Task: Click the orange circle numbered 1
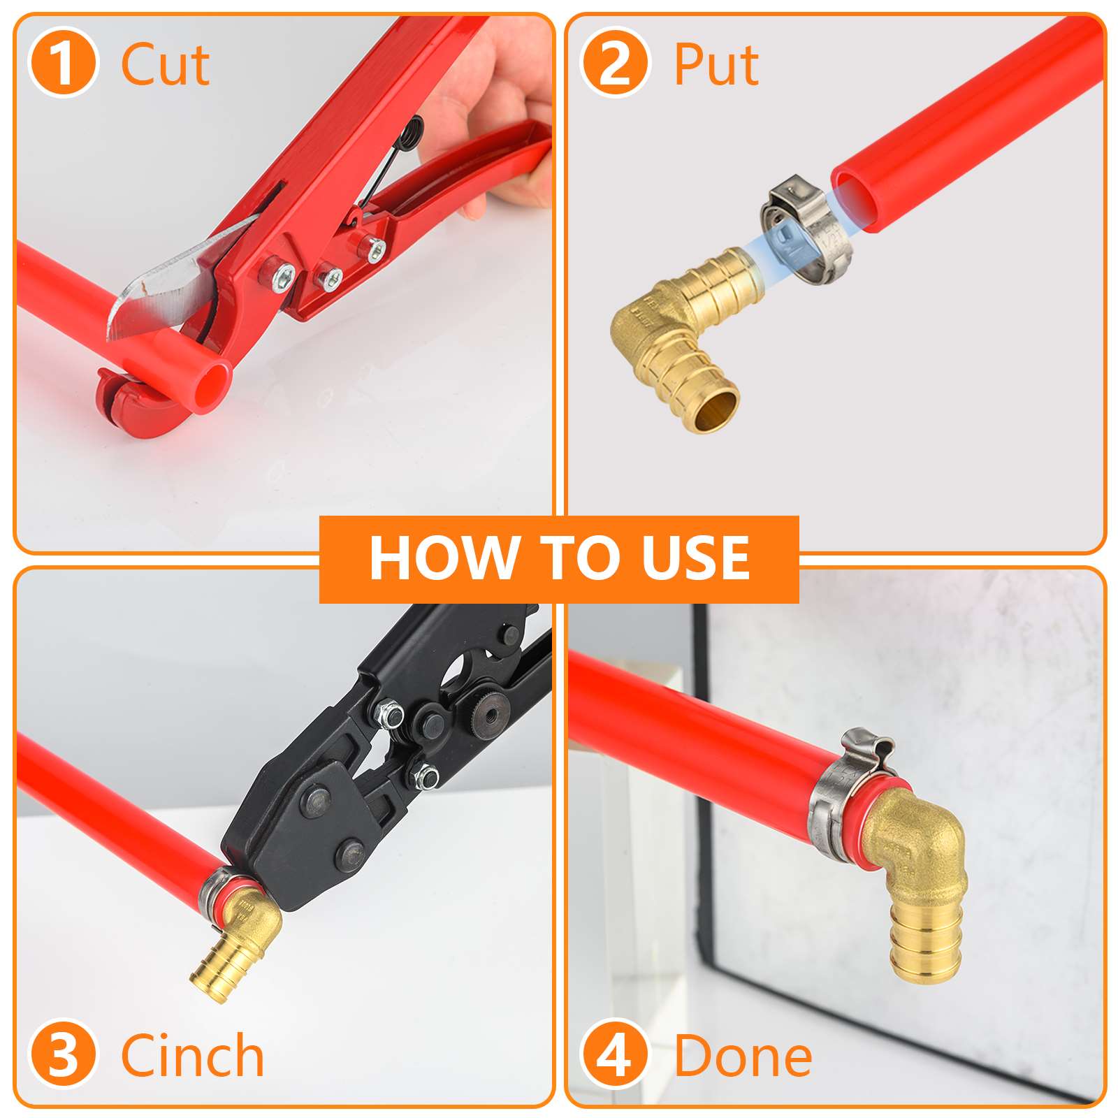tap(63, 63)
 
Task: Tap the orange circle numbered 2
tap(615, 63)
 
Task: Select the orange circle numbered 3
tap(63, 1055)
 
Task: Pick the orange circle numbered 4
tap(615, 1055)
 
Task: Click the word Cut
tap(165, 64)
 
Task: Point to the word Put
tap(716, 64)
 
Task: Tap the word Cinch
tap(193, 1056)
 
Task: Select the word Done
tap(743, 1056)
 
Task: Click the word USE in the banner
tap(695, 558)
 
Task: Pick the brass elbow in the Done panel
tap(915, 873)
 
